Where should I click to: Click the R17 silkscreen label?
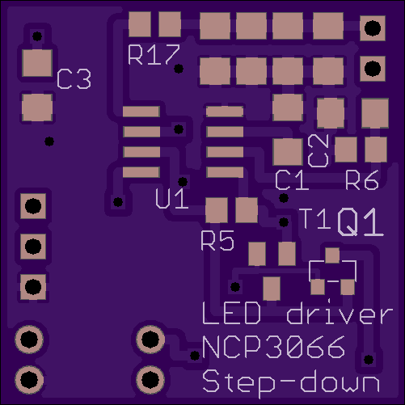(x=154, y=55)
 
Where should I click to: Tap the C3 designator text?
(x=74, y=79)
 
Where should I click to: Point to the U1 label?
(x=172, y=199)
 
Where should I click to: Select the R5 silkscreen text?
(x=217, y=241)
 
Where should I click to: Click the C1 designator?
(x=292, y=180)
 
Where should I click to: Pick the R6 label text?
(x=362, y=180)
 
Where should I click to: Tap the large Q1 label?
(x=361, y=222)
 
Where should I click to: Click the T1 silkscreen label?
(x=315, y=219)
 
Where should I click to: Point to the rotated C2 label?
(x=319, y=150)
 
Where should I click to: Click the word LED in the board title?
(x=231, y=313)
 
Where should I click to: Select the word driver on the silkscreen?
(x=340, y=312)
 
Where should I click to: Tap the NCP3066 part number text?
(x=273, y=348)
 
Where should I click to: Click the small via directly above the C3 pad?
(x=37, y=36)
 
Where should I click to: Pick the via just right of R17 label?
(x=179, y=69)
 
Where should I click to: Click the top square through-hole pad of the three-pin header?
(x=33, y=206)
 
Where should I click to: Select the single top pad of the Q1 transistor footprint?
(x=332, y=255)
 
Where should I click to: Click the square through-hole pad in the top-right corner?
(x=373, y=28)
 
